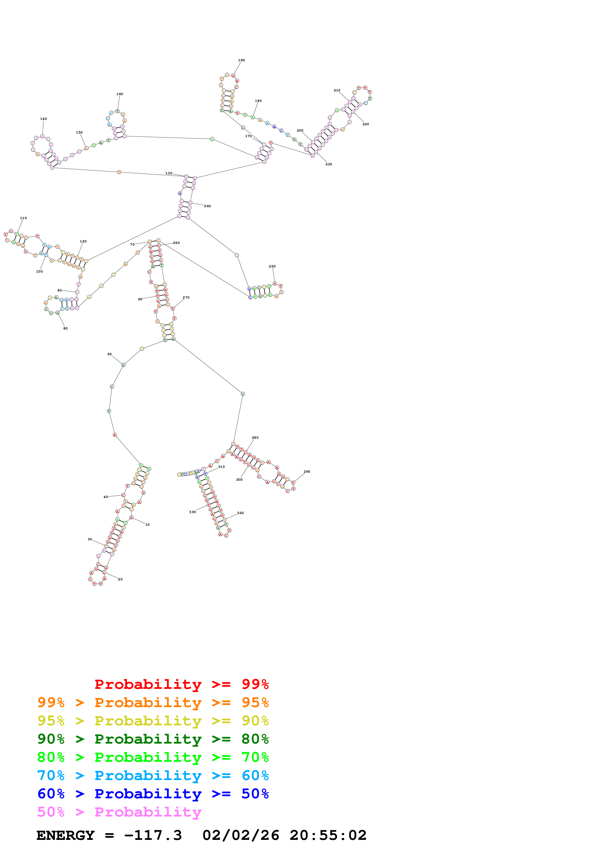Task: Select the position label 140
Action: pyautogui.click(x=44, y=119)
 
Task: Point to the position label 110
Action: pyautogui.click(x=23, y=218)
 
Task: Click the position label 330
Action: pyautogui.click(x=192, y=512)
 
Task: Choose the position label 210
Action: pyautogui.click(x=337, y=90)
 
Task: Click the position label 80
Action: pyautogui.click(x=65, y=329)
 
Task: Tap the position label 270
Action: pyautogui.click(x=186, y=298)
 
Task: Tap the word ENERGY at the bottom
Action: pyautogui.click(x=65, y=835)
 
